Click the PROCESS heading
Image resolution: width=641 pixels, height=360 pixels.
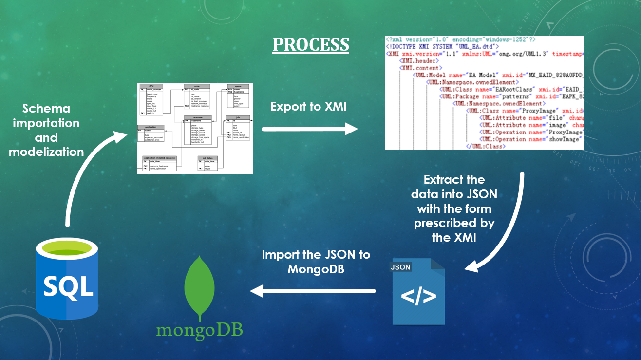click(310, 44)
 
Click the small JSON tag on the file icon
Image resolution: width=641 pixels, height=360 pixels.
click(400, 267)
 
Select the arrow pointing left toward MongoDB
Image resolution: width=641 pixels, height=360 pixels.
click(312, 291)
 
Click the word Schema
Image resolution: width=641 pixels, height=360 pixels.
click(46, 108)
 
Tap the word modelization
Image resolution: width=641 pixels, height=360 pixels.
click(46, 152)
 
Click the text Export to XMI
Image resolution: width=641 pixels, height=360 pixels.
click(309, 107)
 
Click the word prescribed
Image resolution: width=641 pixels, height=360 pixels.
click(454, 224)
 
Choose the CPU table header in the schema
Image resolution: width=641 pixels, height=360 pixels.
click(151, 86)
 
